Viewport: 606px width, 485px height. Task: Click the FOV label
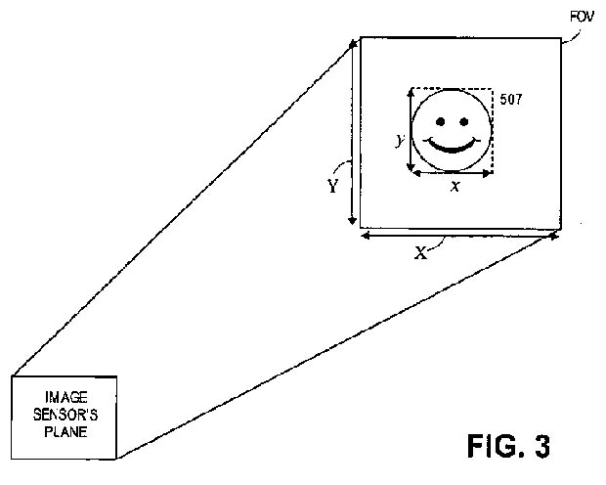coord(582,17)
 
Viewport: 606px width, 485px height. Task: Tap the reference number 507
coord(511,100)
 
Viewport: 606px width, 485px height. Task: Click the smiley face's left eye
coord(440,122)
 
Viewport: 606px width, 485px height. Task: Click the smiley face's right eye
coord(464,122)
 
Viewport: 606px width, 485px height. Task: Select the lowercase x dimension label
coord(455,187)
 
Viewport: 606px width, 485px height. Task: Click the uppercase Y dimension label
coord(332,186)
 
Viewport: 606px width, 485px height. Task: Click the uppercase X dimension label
coord(420,253)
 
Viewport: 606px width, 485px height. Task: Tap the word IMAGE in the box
coord(66,397)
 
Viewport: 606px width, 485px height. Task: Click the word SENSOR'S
coord(65,415)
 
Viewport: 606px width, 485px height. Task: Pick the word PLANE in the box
coord(65,431)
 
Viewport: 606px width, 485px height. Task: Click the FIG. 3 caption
coord(508,446)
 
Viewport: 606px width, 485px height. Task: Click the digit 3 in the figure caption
coord(541,446)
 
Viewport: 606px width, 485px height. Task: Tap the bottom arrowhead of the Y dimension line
coord(352,220)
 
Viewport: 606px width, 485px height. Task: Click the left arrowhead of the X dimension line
coord(366,235)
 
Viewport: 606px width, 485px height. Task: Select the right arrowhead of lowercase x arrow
coord(487,174)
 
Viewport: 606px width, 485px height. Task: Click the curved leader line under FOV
coord(572,37)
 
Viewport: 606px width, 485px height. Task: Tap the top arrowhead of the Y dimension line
coord(353,45)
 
